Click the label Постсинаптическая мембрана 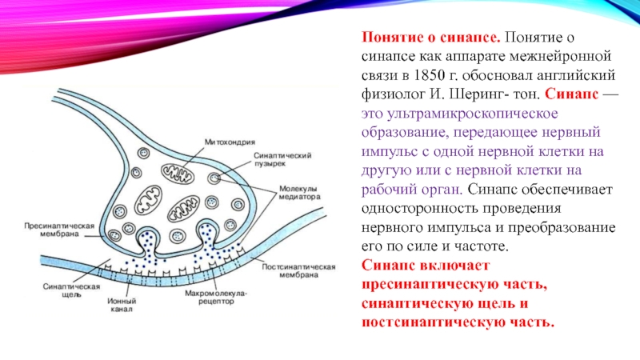tap(286, 268)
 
